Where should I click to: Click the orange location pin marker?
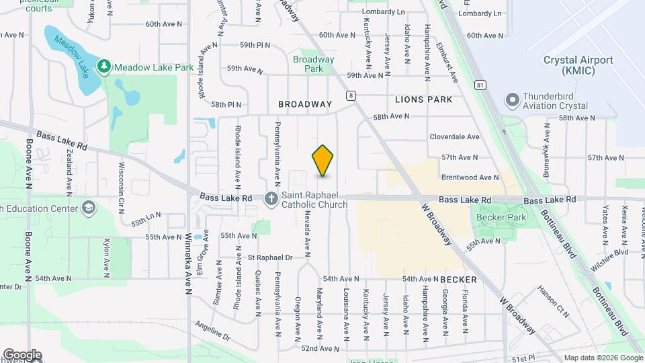(x=323, y=160)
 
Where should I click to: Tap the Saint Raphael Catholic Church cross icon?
(x=271, y=198)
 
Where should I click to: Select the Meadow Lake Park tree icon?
(x=103, y=66)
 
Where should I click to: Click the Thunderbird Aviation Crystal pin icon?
(x=513, y=100)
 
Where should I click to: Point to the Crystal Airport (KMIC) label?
(x=578, y=65)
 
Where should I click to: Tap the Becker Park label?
(x=501, y=218)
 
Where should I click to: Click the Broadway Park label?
(x=313, y=64)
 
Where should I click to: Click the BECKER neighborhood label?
(x=458, y=279)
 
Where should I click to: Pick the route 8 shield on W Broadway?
(x=351, y=95)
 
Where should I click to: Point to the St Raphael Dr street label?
(x=270, y=257)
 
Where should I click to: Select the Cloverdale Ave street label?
(x=455, y=136)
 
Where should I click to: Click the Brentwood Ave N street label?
(x=470, y=177)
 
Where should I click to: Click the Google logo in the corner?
(x=22, y=355)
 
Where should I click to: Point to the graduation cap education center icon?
(x=89, y=207)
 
